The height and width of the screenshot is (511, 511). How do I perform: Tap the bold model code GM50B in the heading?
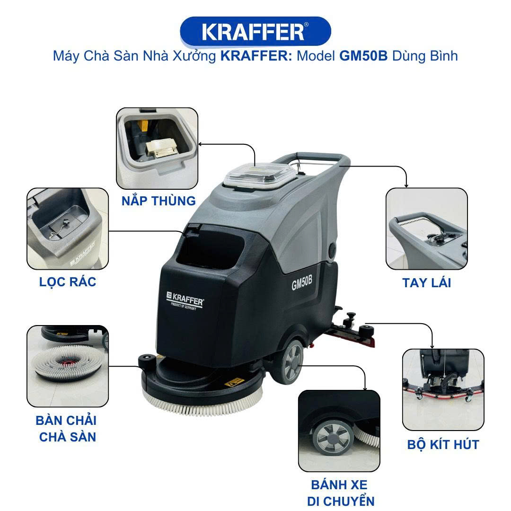363,56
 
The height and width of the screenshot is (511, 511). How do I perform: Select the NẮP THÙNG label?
159,201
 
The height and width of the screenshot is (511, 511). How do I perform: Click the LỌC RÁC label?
68,282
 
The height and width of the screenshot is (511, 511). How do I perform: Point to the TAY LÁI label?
427,282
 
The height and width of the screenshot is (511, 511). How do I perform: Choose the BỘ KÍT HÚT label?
443,444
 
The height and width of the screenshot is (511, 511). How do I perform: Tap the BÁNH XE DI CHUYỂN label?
340,493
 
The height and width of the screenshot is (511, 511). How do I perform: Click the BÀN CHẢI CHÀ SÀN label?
67,429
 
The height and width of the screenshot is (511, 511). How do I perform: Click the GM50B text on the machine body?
302,282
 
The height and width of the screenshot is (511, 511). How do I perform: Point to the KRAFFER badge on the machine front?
185,300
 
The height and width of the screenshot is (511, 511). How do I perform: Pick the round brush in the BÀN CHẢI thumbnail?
69,363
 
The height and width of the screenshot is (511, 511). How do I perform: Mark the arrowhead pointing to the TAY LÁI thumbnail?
406,185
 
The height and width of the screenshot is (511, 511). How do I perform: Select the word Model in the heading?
316,56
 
